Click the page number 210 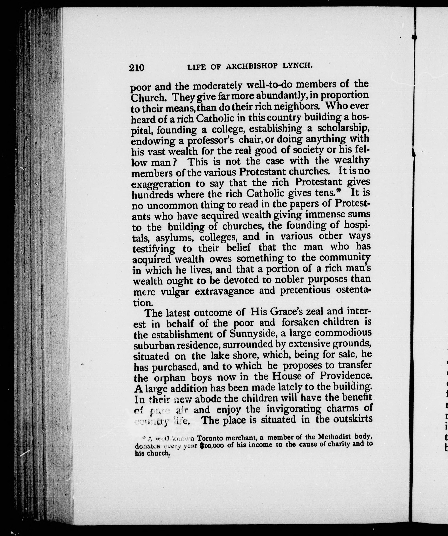(137, 68)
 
